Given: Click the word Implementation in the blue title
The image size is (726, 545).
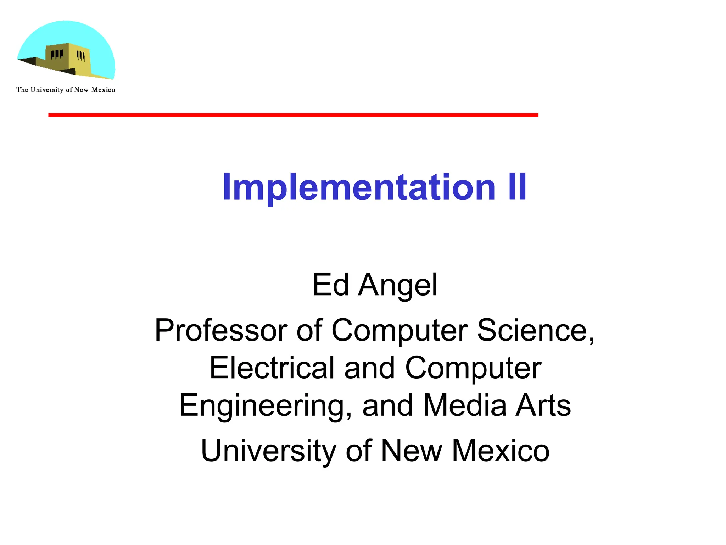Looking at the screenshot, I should tap(358, 187).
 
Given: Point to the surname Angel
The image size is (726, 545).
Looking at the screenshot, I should tap(398, 285).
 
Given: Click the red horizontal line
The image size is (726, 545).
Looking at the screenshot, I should tap(293, 115).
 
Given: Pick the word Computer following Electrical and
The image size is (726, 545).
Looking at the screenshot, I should tap(473, 368).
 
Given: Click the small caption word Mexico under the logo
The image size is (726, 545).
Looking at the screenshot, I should tap(103, 90).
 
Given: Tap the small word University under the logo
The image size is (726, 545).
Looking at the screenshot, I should tap(47, 90).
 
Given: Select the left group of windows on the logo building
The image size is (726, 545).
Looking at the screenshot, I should tap(57, 54).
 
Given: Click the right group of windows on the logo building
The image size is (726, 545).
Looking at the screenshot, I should tap(81, 56).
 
